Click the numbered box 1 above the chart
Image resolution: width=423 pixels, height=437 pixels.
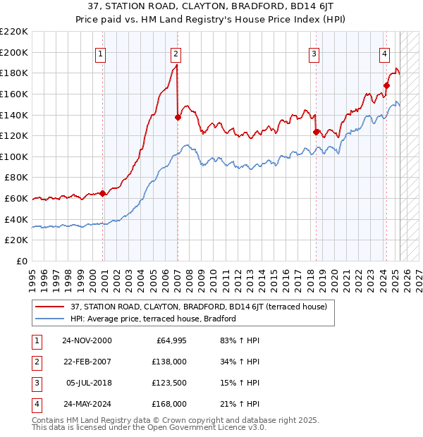tap(101, 54)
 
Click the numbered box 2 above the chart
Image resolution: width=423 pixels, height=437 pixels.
tap(175, 54)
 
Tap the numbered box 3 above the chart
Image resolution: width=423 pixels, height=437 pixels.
tap(314, 54)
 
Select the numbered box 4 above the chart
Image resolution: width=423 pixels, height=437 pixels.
tap(384, 54)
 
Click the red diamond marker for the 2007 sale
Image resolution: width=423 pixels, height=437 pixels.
tap(178, 118)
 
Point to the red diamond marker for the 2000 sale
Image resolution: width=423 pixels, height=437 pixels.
tap(103, 193)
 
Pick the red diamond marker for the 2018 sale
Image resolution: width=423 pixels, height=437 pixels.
tap(316, 132)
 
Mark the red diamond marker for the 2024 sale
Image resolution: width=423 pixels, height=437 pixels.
tap(387, 86)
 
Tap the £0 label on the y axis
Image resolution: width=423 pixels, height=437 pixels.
tap(22, 261)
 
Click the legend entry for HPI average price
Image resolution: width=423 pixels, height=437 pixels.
tap(153, 319)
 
